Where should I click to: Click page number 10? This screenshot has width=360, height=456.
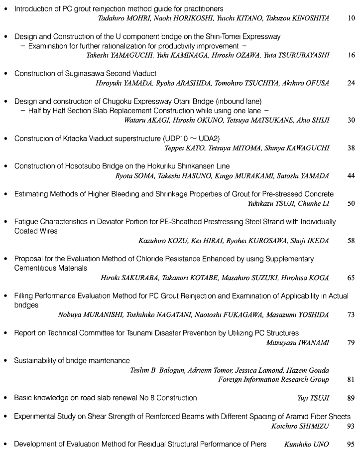click(x=352, y=18)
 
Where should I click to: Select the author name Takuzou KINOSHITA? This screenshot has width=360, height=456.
click(x=297, y=18)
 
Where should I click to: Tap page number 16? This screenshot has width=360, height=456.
click(x=352, y=55)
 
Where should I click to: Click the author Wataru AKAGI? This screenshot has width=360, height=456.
click(x=144, y=120)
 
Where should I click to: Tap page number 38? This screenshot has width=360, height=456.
click(x=352, y=148)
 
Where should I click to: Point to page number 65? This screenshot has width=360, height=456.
click(x=352, y=278)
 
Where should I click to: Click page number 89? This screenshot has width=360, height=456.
click(x=352, y=398)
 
